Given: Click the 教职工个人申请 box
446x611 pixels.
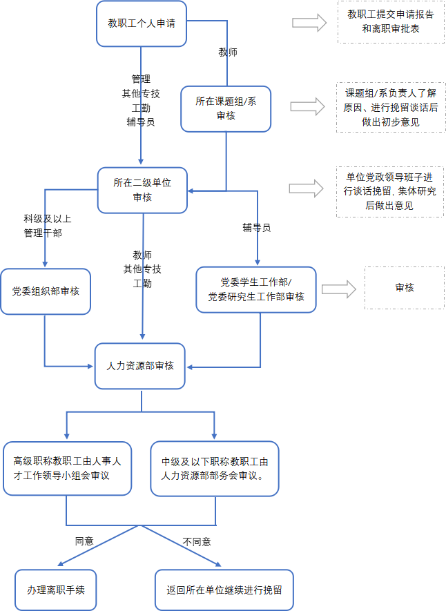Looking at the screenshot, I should click(142, 23).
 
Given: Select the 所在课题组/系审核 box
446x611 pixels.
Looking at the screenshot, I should click(226, 108).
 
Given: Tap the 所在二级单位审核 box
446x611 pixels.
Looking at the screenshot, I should click(142, 190).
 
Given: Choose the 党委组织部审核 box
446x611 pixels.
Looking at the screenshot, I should click(46, 291).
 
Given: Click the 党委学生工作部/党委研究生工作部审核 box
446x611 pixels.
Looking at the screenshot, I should click(256, 290).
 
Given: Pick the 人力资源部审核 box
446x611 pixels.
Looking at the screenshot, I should click(140, 366).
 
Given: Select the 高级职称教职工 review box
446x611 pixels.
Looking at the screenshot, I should click(67, 468).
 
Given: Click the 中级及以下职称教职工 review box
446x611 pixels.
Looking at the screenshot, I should click(215, 468).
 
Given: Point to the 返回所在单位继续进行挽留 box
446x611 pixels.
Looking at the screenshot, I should click(224, 590).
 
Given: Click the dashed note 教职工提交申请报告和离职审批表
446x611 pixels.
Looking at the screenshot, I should click(391, 21).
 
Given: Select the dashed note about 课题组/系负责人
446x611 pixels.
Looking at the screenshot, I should click(391, 108).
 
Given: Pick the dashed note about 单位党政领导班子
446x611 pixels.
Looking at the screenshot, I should click(391, 191).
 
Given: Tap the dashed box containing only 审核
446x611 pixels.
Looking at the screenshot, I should click(405, 287).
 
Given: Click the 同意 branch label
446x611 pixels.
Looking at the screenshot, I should click(84, 541).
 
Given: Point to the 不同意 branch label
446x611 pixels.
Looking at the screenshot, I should click(197, 541).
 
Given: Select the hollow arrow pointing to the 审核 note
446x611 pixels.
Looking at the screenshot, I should click(338, 290).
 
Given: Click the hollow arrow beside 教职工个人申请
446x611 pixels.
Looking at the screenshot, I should click(309, 23).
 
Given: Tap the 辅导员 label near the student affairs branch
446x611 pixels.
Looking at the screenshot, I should click(256, 226).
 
